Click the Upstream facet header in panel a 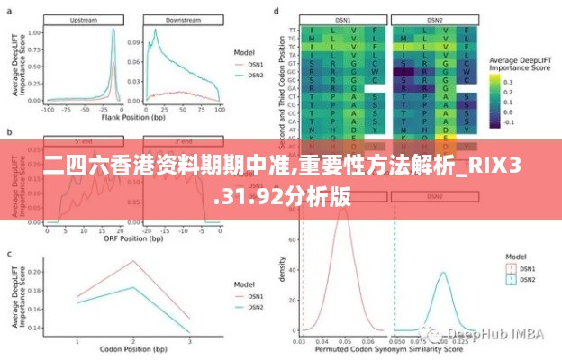[x=83, y=19]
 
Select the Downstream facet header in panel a [x=183, y=19]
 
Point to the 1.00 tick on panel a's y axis [x=34, y=31]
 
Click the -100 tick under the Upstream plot [x=47, y=108]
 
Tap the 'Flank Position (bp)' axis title [x=132, y=117]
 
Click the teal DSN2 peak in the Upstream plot [x=113, y=30]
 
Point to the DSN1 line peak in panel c [x=132, y=262]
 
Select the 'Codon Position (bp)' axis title [x=132, y=350]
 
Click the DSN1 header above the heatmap [x=341, y=19]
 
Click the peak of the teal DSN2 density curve [x=442, y=273]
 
